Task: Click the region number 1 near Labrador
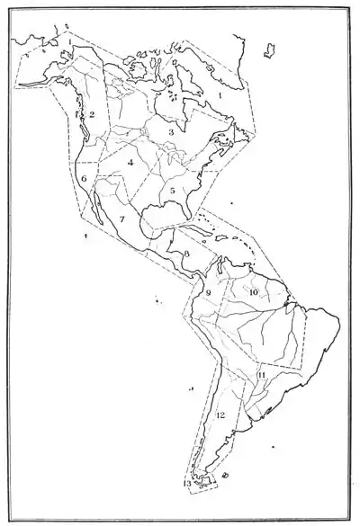point(219,93)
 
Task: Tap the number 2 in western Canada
point(92,114)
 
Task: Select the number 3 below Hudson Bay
point(171,131)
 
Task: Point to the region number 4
point(131,162)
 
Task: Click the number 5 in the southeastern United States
point(171,191)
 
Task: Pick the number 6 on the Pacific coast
point(84,179)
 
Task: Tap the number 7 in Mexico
point(121,218)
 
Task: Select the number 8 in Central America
point(186,254)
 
